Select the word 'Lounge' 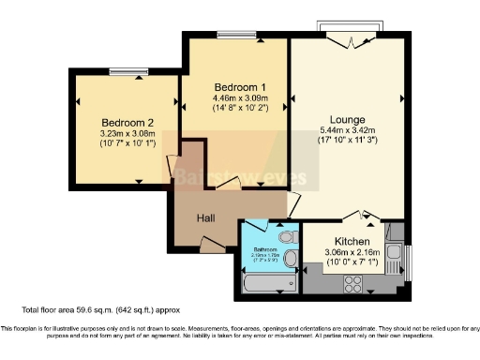350,118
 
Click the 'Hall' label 207,217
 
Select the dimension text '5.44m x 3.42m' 350,130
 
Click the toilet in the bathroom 288,234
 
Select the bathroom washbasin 290,258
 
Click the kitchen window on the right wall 411,260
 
